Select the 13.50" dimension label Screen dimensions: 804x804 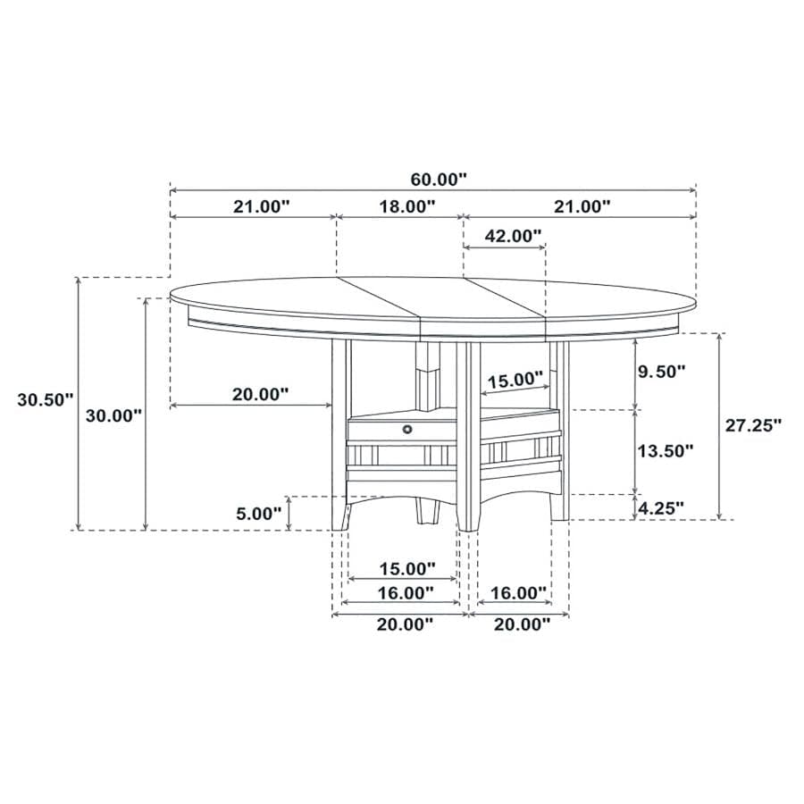tap(664, 450)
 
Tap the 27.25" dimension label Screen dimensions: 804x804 tap(752, 425)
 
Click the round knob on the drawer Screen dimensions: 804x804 tap(409, 430)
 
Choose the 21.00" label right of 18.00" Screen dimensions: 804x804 tap(582, 206)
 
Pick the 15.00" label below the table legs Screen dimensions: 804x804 tap(406, 568)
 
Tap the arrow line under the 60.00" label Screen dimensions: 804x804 tap(432, 190)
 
